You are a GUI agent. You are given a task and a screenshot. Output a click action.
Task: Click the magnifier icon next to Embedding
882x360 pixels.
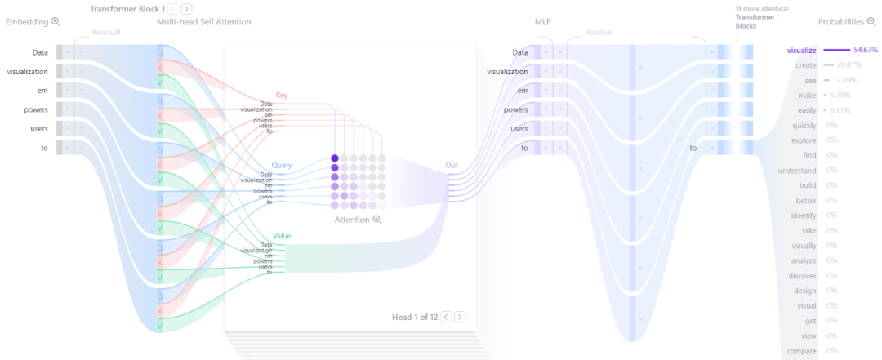tap(56, 22)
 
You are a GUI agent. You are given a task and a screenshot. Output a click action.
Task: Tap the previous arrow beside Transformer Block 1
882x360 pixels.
tap(174, 8)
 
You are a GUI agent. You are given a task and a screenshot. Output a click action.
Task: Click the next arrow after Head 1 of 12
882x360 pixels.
tap(460, 317)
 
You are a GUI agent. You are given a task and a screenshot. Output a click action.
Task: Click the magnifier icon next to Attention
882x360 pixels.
tap(376, 220)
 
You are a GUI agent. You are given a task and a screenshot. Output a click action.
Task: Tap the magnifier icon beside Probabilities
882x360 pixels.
tap(871, 22)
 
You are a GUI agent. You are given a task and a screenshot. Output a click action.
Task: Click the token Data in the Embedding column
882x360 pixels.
tap(39, 52)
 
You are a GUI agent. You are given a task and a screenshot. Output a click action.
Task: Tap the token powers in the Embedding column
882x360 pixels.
tap(36, 109)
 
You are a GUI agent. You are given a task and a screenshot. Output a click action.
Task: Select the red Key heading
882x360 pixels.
tap(282, 95)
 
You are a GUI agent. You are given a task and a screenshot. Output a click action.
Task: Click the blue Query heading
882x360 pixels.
tap(282, 164)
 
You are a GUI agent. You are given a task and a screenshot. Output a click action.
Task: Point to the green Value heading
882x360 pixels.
tap(282, 236)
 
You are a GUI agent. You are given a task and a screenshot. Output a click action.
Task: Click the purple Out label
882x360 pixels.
tap(452, 165)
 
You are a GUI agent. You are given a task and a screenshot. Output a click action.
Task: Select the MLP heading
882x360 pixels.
tap(543, 22)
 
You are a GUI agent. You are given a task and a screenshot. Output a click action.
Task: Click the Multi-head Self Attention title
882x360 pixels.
tap(203, 22)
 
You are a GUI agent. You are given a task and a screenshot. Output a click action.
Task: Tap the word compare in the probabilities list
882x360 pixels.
tap(802, 351)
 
